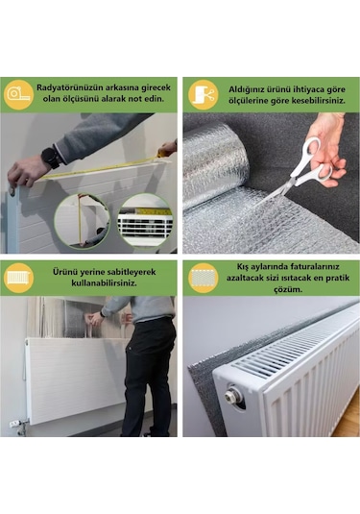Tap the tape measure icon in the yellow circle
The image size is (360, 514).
point(19,93)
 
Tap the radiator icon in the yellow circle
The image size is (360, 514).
point(19,277)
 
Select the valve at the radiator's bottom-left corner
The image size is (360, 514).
point(15,421)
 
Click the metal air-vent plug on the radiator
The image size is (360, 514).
point(234,394)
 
